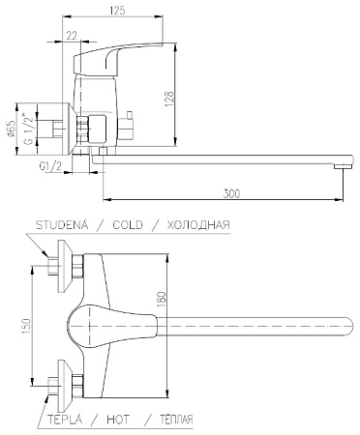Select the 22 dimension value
tap(73, 36)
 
